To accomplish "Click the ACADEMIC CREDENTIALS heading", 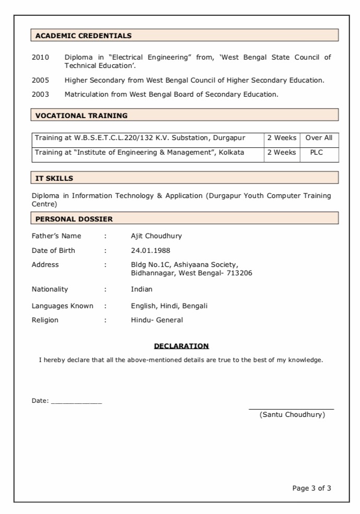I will point(84,36).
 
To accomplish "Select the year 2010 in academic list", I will point(40,57).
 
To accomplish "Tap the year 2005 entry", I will point(40,80).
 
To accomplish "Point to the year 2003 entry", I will point(40,95).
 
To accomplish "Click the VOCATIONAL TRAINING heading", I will point(82,115).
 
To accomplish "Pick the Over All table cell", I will point(319,138).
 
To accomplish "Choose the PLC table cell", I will point(317,153).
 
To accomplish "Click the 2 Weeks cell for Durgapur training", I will point(282,138).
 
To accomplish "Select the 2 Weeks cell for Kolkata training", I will point(282,153).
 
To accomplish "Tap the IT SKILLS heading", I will point(54,178).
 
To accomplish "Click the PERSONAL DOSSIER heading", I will point(74,219).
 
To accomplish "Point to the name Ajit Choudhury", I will point(156,236).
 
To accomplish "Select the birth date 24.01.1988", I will point(150,251).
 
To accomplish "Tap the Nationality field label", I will point(50,289).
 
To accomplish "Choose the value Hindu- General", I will point(157,320).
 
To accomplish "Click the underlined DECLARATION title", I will point(181,346).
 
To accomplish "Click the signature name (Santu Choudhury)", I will point(292,415).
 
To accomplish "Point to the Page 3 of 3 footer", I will point(311,488).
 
